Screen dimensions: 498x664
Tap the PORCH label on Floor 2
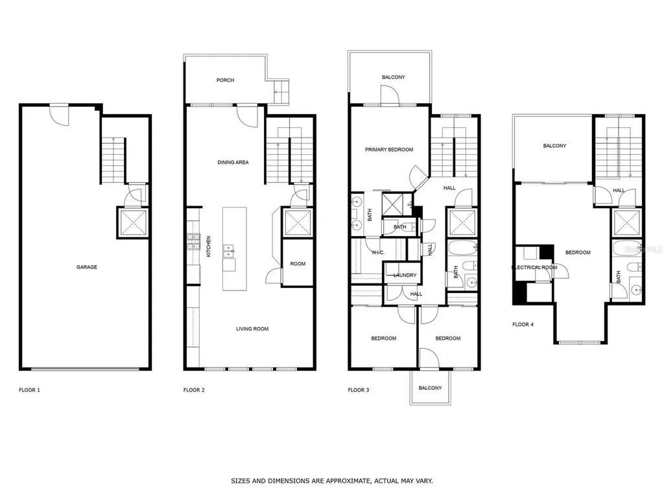(x=225, y=80)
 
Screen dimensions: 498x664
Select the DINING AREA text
(x=233, y=162)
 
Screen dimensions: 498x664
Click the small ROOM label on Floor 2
(x=298, y=264)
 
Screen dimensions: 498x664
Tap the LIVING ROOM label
(x=252, y=329)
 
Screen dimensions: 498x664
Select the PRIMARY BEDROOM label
(x=388, y=150)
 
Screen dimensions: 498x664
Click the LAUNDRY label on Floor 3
(x=405, y=276)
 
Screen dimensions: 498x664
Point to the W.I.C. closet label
(x=378, y=252)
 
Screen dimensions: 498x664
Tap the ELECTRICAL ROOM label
(x=534, y=267)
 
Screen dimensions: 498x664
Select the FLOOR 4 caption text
(x=523, y=324)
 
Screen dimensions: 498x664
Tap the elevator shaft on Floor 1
(x=133, y=222)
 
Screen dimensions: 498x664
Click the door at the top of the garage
(x=59, y=115)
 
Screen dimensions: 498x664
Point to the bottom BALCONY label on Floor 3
(x=430, y=388)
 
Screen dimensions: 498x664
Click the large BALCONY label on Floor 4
(x=554, y=146)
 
